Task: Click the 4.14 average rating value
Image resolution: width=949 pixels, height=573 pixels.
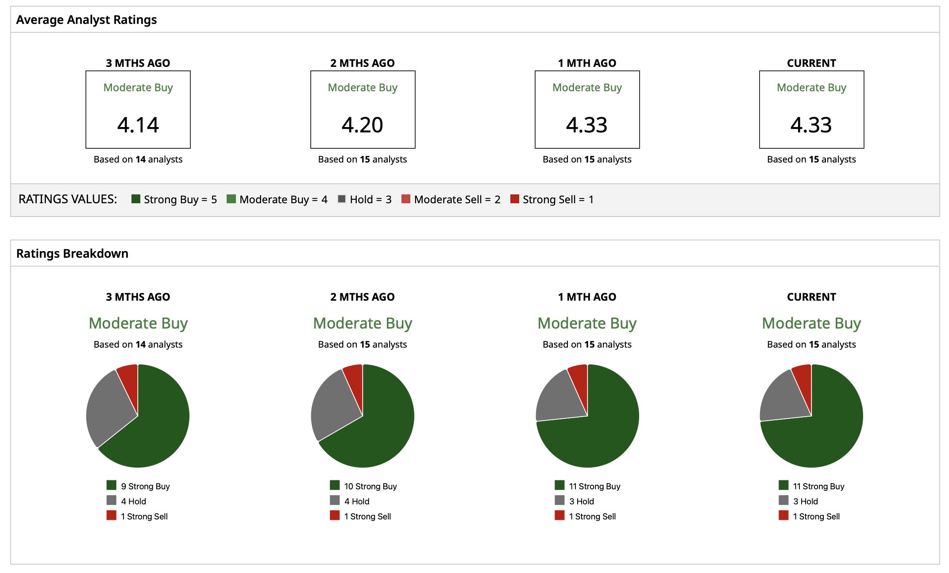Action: pos(138,125)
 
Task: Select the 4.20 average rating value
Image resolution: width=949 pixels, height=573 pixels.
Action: pos(363,125)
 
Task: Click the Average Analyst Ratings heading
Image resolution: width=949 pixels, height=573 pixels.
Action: pos(86,20)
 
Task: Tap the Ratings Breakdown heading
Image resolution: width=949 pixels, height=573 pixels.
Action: pos(72,253)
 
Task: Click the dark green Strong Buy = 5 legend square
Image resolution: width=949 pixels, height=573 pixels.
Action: pos(136,199)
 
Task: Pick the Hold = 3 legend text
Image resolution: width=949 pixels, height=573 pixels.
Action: pos(370,199)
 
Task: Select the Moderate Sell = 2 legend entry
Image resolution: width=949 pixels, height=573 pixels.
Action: pos(451,199)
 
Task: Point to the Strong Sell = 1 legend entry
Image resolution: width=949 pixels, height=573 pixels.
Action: pos(552,199)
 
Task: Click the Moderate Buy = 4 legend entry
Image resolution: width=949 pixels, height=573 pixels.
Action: pos(277,199)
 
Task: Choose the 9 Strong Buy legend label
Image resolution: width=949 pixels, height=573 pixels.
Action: pos(145,486)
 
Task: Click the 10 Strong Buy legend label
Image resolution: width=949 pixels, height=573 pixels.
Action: pos(370,486)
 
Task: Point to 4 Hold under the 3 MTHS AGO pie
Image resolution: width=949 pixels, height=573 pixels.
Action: pos(133,501)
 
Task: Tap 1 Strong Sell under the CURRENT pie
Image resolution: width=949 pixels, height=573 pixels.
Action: pos(816,516)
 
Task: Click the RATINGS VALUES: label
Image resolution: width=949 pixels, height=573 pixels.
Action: pos(68,199)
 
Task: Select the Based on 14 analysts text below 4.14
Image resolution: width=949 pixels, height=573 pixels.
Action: pos(138,159)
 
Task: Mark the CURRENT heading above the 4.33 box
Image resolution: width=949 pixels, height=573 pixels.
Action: pos(811,63)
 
